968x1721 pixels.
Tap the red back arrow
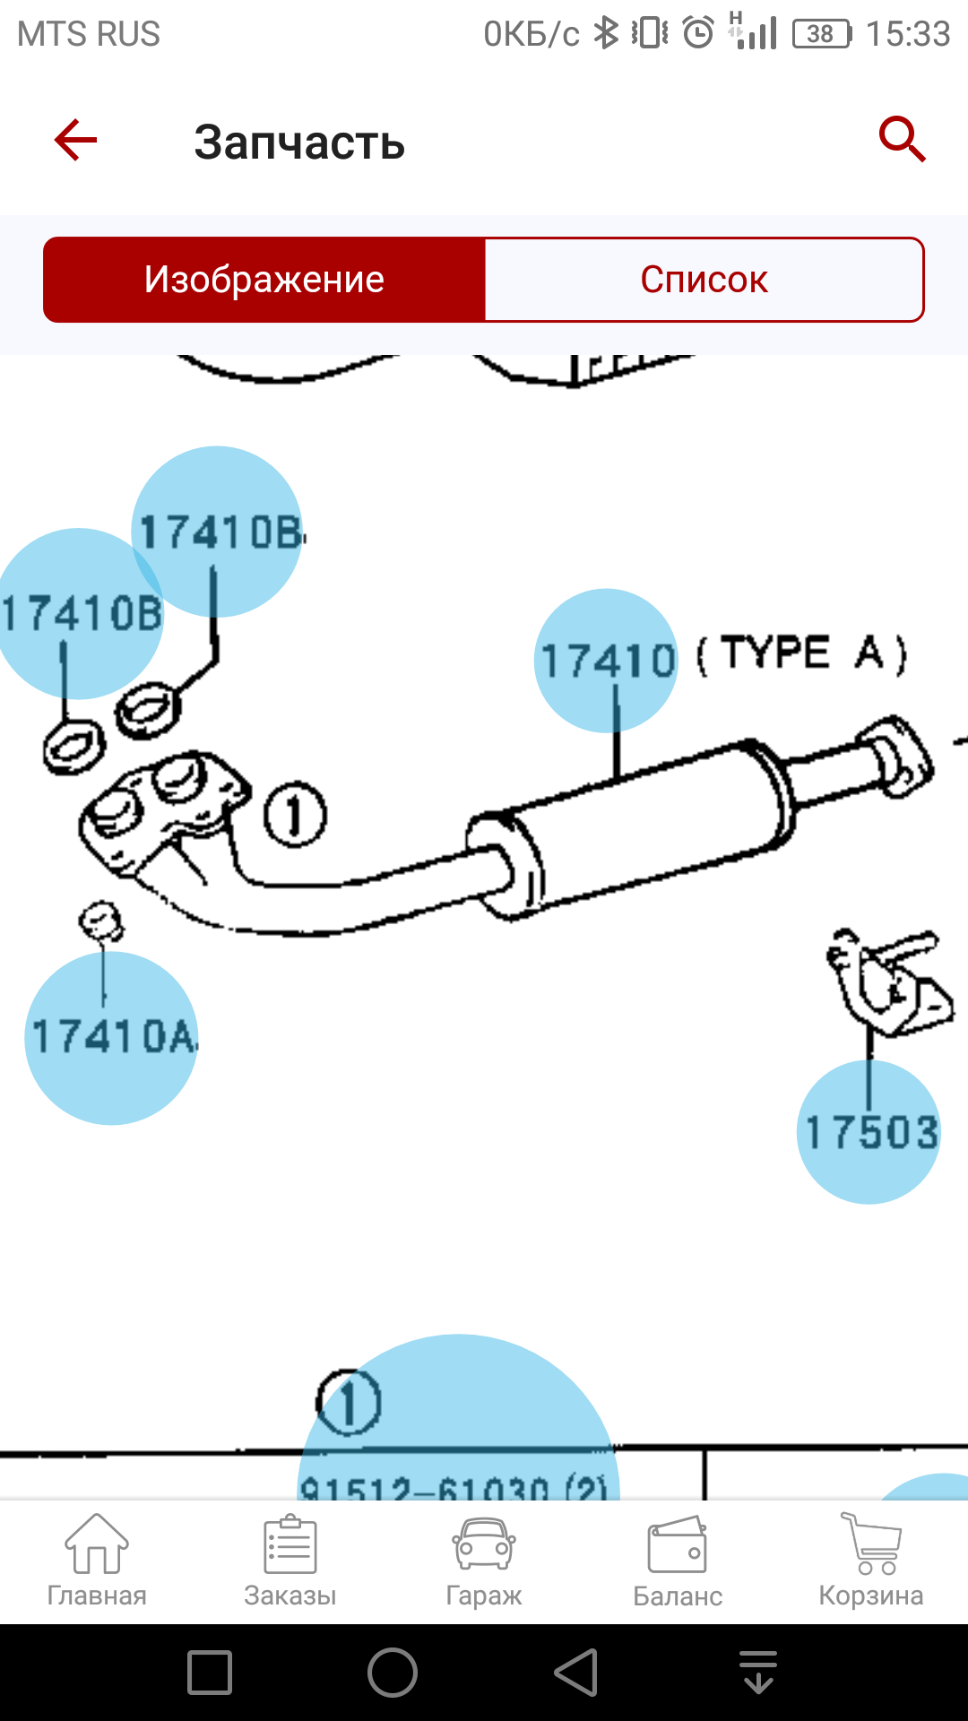(75, 141)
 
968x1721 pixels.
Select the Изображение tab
(264, 280)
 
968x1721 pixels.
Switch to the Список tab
(704, 280)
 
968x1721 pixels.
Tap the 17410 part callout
(607, 661)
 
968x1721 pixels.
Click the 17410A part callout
(111, 1037)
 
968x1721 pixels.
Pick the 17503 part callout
(869, 1131)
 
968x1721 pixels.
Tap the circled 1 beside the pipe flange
(295, 815)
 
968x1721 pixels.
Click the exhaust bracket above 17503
(889, 982)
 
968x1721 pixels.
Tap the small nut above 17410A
(100, 920)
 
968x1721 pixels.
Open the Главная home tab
(97, 1561)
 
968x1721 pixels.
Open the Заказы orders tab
(290, 1561)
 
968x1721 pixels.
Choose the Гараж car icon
(484, 1561)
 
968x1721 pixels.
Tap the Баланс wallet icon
(678, 1561)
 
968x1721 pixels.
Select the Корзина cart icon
(871, 1561)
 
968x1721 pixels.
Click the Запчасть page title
(299, 143)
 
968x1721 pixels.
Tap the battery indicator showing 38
(821, 34)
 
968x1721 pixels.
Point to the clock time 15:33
(907, 34)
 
